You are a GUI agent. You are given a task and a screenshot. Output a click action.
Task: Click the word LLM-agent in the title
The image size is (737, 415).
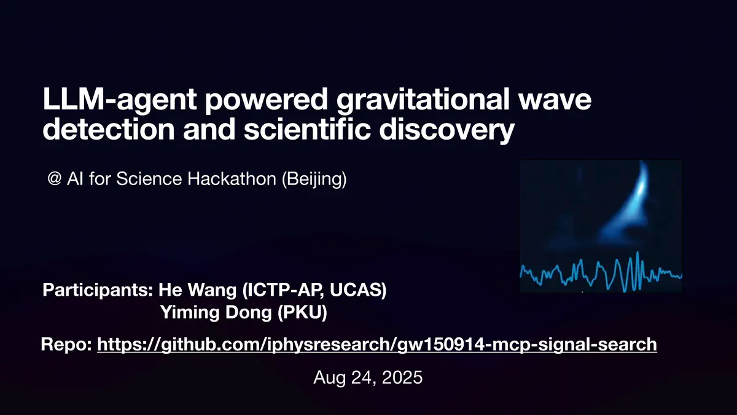[119, 99]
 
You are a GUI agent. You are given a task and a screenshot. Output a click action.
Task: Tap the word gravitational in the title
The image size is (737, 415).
[423, 99]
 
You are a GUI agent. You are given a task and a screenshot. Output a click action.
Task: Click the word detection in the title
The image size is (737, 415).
[109, 128]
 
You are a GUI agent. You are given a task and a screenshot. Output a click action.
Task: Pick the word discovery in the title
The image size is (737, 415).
[447, 131]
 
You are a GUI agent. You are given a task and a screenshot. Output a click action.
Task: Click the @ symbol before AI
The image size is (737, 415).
[54, 179]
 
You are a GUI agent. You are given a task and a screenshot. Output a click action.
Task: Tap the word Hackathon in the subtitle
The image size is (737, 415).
[232, 178]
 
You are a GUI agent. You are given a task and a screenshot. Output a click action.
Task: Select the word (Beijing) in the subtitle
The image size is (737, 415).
[314, 180]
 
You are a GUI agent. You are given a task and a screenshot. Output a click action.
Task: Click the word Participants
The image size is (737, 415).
[98, 290]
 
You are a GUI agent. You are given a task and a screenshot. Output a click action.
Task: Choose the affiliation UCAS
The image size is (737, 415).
[358, 290]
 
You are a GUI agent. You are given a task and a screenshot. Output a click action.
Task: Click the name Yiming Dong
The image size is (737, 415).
[216, 312]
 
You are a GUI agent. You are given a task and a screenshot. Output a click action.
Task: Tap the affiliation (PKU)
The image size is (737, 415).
[302, 312]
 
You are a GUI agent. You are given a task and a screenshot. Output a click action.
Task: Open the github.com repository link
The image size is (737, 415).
[377, 345]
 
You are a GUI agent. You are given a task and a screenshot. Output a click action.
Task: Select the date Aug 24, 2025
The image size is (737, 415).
[368, 377]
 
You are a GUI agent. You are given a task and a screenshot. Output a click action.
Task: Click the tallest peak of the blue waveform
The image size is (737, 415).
[638, 253]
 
